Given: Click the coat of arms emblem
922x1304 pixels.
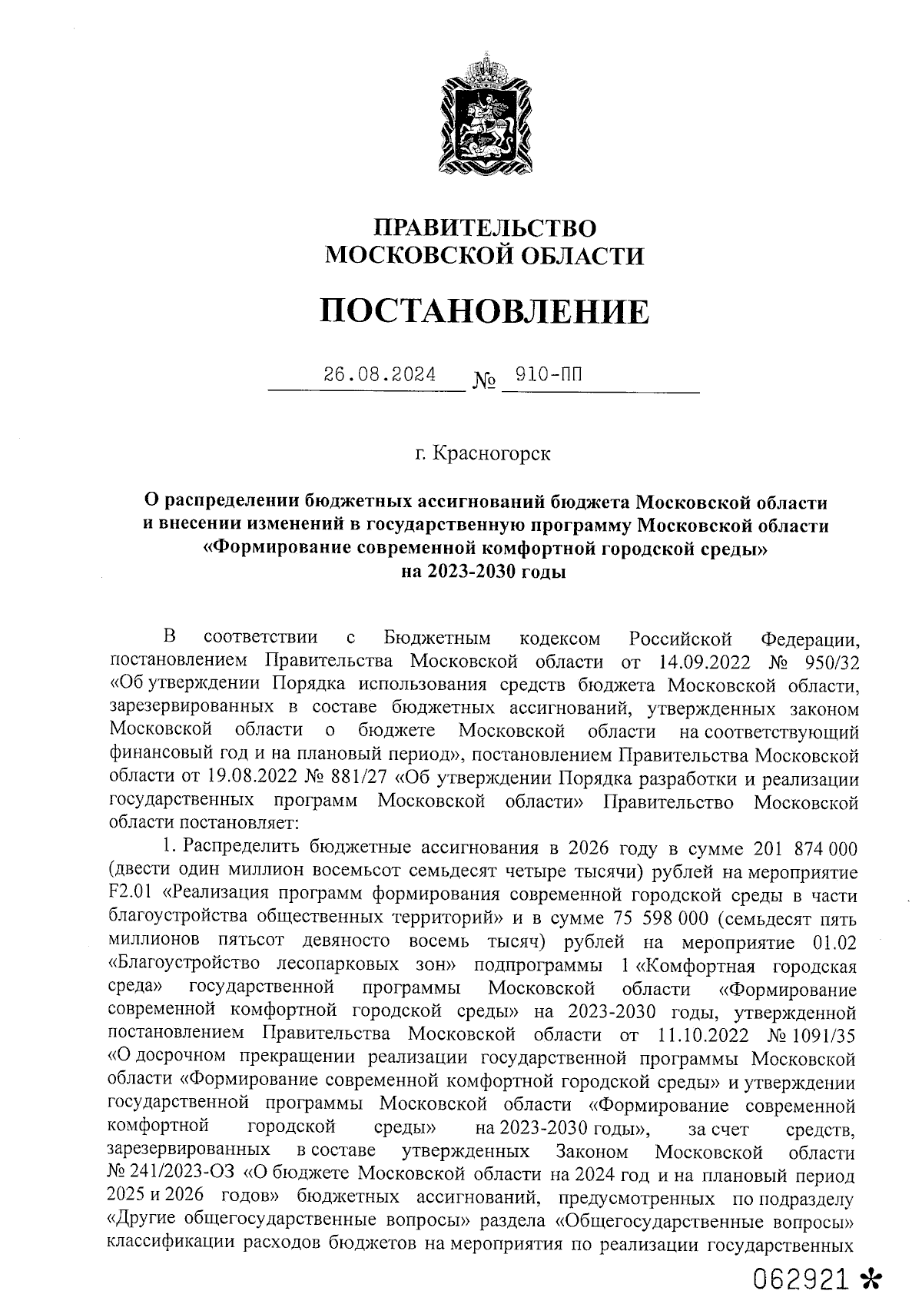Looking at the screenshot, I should pos(483,114).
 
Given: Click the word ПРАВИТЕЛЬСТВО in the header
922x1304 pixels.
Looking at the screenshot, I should pos(484,227).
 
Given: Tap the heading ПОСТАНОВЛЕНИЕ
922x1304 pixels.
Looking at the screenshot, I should pos(484,312).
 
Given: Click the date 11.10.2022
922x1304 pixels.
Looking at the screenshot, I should pos(699,1035).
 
